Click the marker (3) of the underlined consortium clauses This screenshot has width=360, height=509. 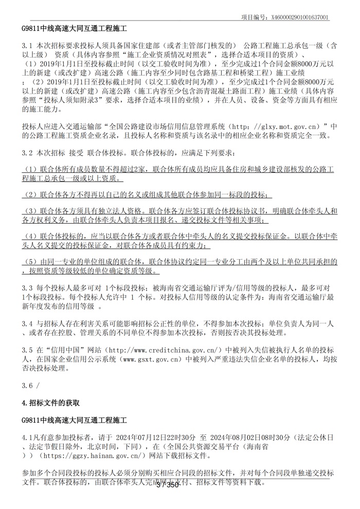[x=30, y=211]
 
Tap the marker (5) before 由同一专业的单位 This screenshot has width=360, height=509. [x=30, y=262]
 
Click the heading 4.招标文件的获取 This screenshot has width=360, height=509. [x=51, y=402]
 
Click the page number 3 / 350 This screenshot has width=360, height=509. [x=167, y=485]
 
